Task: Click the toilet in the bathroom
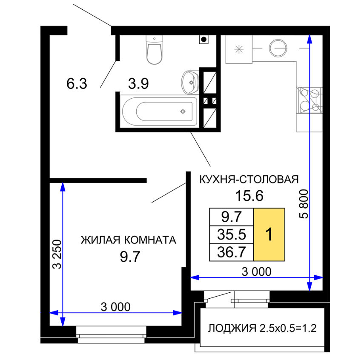pos(154,49)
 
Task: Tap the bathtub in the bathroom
pos(160,111)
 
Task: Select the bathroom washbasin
pos(190,83)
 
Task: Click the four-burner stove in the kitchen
pos(310,100)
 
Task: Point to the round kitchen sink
pos(278,48)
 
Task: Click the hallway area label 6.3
pos(77,83)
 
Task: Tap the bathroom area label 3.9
pos(138,83)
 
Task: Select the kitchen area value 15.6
pos(249,196)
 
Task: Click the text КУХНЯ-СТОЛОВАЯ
pos(249,180)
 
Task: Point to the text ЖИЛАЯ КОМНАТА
pos(129,240)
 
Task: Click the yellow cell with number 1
pos(269,234)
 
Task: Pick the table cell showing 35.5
pos(232,234)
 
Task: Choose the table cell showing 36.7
pos(232,252)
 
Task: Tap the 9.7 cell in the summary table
pos(232,217)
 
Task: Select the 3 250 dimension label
pos(57,254)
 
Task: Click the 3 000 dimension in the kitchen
pos(257,271)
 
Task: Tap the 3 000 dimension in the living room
pos(116,307)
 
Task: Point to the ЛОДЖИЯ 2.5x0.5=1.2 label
pos(262,328)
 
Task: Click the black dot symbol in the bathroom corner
pos(203,40)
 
